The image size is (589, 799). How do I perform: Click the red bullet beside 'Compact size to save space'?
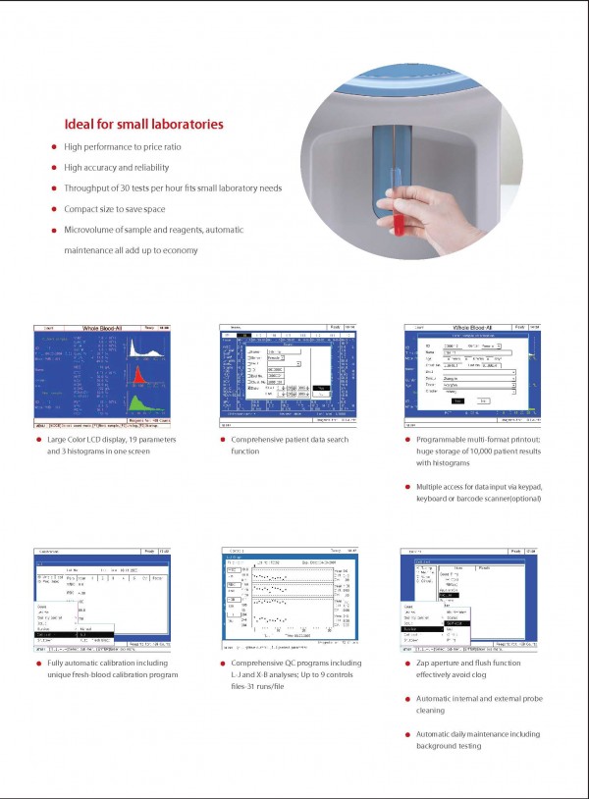coord(54,208)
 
